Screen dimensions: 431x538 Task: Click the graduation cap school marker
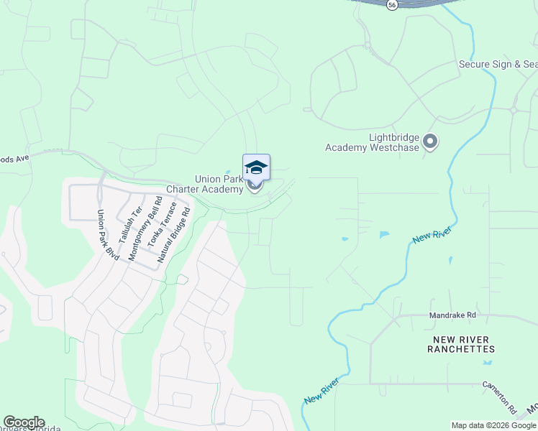coord(256,167)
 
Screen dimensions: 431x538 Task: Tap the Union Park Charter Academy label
coord(205,184)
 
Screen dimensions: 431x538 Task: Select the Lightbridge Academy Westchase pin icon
coord(430,142)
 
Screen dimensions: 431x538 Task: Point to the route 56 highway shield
coord(391,4)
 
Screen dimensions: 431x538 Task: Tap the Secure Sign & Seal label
coord(498,65)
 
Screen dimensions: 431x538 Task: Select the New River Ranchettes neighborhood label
coord(461,344)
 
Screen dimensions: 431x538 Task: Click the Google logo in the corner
coord(24,422)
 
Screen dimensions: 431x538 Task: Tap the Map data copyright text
coord(493,425)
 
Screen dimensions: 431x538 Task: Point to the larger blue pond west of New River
coord(384,234)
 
